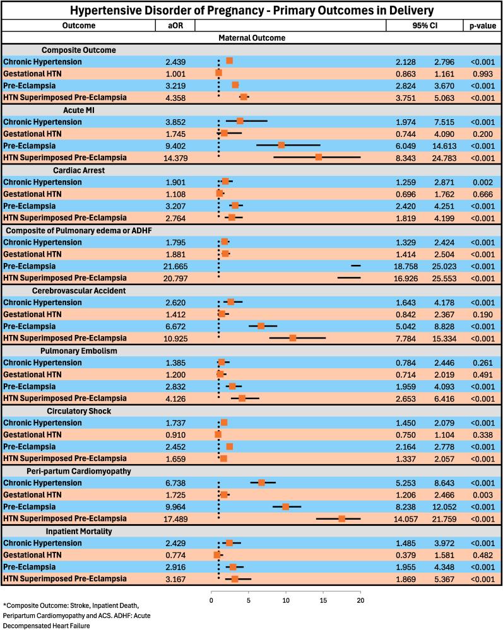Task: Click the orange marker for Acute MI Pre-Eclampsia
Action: point(281,145)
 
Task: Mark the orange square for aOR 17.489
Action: point(341,518)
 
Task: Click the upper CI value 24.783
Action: point(446,157)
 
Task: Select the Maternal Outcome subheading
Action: point(251,38)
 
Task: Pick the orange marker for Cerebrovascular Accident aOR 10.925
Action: point(293,338)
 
